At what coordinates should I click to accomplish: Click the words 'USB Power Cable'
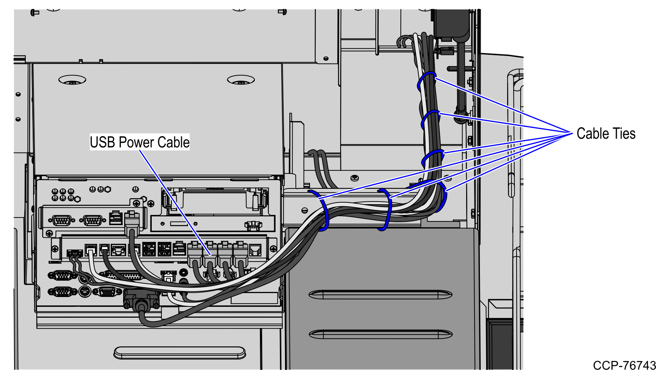tap(139, 142)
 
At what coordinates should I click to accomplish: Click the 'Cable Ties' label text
tap(606, 134)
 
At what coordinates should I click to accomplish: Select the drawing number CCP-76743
tap(624, 365)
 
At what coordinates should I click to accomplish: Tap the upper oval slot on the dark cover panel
tap(380, 294)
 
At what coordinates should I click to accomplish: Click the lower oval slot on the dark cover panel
tap(380, 334)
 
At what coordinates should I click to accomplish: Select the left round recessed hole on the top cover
tap(72, 80)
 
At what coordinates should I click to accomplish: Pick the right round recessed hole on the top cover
tap(241, 80)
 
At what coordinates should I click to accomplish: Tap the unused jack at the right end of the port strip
tap(256, 250)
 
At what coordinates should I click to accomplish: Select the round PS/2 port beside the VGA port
tap(84, 291)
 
